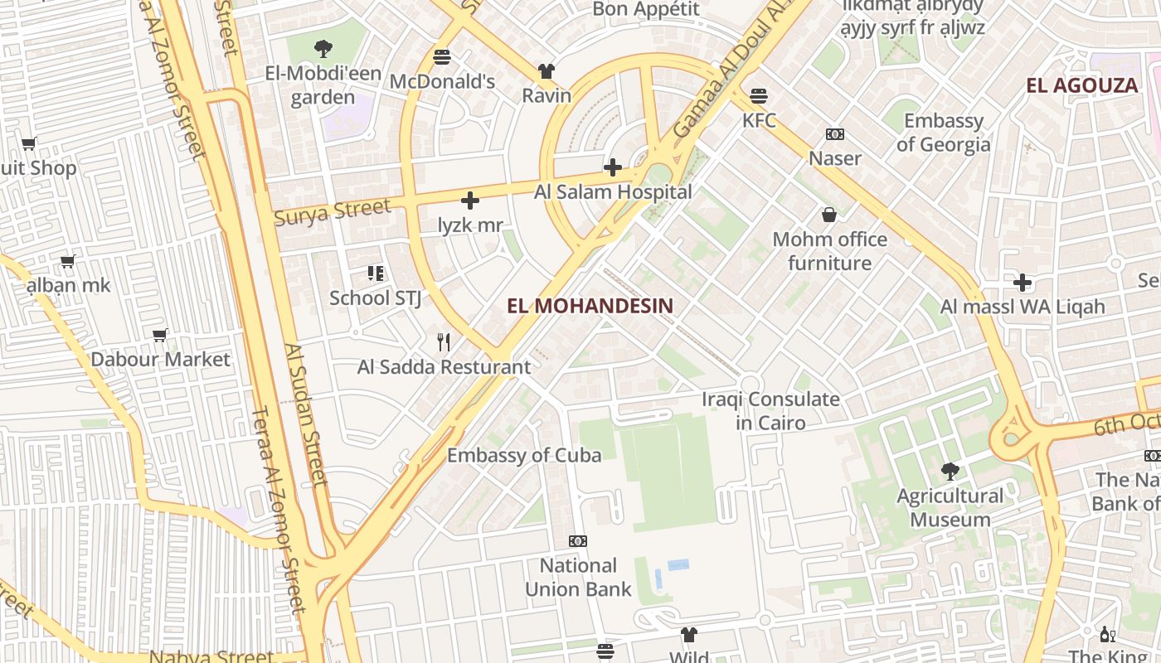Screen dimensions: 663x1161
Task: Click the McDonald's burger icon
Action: [x=442, y=57]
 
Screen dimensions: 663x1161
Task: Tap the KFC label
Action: [x=759, y=121]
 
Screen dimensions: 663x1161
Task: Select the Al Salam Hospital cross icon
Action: [x=613, y=167]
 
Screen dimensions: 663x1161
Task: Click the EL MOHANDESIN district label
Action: [x=590, y=306]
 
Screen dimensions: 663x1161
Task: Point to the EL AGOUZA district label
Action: [x=1081, y=85]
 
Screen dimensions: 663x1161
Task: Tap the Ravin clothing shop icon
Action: [x=546, y=71]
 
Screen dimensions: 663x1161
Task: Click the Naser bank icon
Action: [x=834, y=134]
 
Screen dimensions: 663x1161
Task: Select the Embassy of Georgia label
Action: [x=943, y=133]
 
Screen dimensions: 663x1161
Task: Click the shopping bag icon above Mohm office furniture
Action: [x=828, y=215]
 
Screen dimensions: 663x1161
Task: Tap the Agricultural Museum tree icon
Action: [x=950, y=472]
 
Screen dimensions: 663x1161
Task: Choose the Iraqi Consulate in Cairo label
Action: [x=770, y=411]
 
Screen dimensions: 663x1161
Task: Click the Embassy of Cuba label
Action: [x=524, y=455]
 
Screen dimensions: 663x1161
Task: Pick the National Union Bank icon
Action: [x=578, y=541]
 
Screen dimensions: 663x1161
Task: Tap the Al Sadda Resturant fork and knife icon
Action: [x=444, y=341]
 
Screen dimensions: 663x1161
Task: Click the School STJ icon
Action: [x=375, y=273]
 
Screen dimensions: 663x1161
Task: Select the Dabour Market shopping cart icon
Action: [x=160, y=335]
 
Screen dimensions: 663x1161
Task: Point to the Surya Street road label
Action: [x=332, y=212]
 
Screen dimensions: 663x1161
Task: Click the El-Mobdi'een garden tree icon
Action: [x=323, y=49]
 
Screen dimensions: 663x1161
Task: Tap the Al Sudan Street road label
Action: [x=304, y=414]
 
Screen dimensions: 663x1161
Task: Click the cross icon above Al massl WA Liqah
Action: [x=1023, y=283]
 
